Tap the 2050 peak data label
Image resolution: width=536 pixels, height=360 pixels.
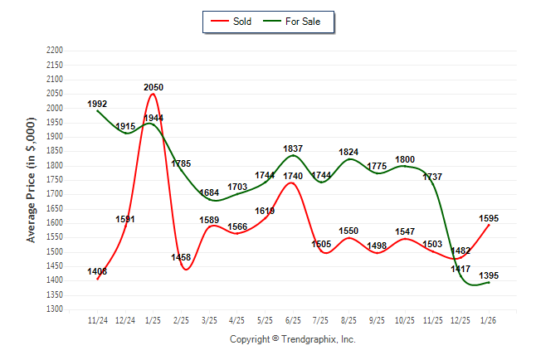coord(153,87)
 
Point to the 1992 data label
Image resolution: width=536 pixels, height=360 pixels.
coord(98,105)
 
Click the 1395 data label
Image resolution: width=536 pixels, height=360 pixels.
coord(489,275)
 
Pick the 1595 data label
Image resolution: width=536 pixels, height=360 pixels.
coord(489,218)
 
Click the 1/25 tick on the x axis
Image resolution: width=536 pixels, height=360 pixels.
coord(153,319)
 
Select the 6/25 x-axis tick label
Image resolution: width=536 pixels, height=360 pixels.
coord(293,319)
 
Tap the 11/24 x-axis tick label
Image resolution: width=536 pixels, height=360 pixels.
coord(98,319)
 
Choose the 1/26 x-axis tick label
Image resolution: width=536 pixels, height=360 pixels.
coord(489,319)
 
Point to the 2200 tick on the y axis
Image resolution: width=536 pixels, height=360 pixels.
coord(55,51)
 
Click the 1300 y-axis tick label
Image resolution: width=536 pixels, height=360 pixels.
coord(55,309)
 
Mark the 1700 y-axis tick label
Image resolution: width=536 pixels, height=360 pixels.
coord(55,194)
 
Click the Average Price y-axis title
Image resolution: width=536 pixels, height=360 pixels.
coord(32,180)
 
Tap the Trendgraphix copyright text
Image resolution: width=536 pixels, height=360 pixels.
coord(292,340)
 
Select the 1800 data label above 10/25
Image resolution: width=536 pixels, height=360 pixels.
coord(405,159)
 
